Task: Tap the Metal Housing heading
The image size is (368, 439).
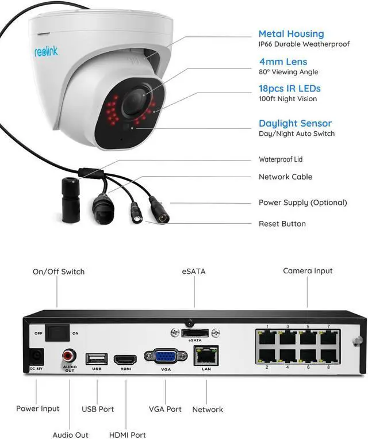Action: tap(291, 34)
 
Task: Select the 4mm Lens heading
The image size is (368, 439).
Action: tap(283, 62)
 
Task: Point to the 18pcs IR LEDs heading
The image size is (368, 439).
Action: tap(289, 89)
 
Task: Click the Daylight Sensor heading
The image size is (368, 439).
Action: tap(295, 123)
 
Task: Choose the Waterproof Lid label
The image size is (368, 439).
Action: tap(281, 159)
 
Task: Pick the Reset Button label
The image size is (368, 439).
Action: tap(282, 224)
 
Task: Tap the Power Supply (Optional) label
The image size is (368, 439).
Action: tap(302, 203)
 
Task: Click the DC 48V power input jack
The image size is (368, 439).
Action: tap(36, 357)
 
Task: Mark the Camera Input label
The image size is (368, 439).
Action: tap(308, 270)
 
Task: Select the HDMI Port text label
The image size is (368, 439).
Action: tap(127, 435)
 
